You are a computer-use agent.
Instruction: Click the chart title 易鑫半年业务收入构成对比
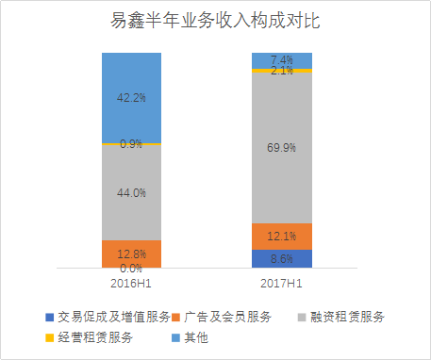pos(215,21)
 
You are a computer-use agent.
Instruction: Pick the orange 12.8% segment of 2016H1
pos(131,254)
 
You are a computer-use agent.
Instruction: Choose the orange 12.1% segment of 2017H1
pos(282,236)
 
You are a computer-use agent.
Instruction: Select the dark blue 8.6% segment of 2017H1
pos(282,258)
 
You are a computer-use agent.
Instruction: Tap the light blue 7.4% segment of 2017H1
pos(282,60)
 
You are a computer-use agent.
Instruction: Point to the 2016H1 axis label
pos(131,282)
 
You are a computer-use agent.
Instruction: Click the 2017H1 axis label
pos(282,282)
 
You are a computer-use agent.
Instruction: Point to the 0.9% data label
pos(131,144)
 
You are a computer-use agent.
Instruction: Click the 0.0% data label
pos(131,269)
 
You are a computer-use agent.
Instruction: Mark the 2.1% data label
pos(282,71)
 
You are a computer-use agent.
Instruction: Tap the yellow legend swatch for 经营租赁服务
pos(49,336)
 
